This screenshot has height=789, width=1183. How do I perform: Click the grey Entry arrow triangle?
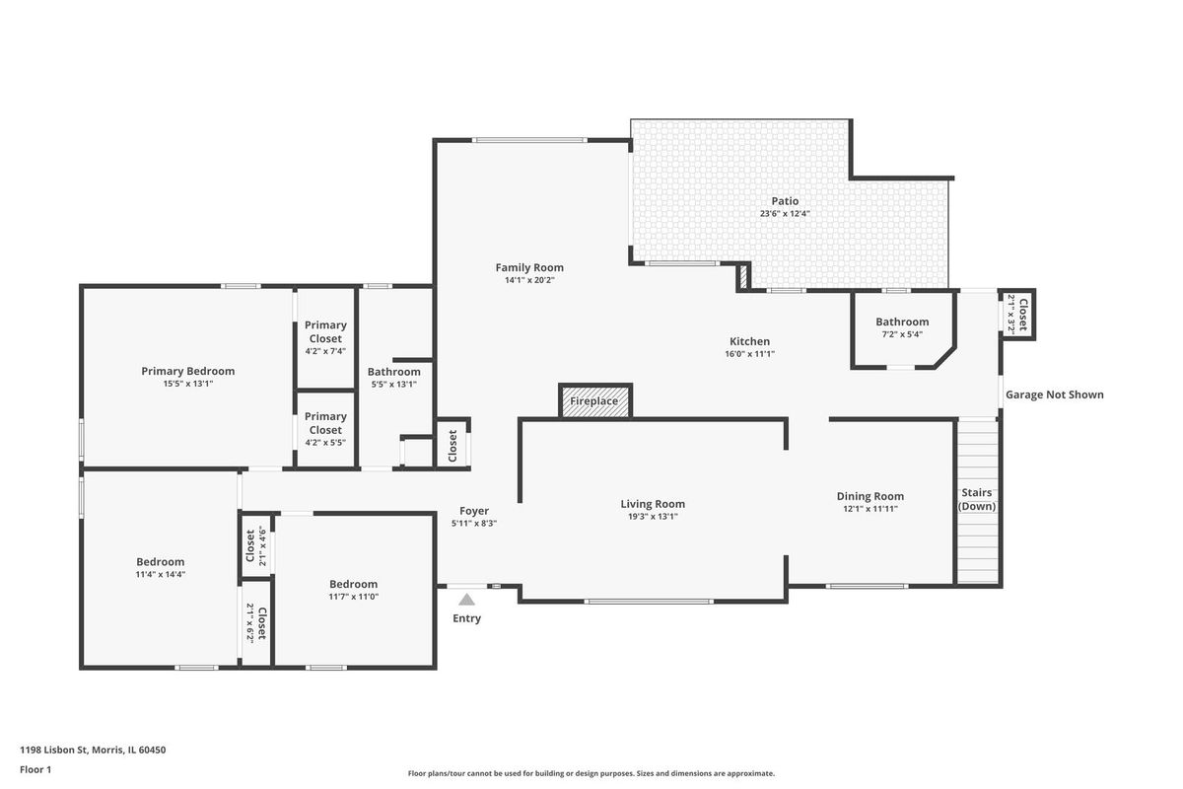coord(466,600)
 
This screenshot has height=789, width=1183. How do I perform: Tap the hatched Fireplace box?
coord(594,401)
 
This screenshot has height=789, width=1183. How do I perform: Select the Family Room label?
coord(529,267)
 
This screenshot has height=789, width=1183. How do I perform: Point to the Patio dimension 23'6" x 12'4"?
coord(785,213)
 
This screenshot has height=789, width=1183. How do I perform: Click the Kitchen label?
coord(749,341)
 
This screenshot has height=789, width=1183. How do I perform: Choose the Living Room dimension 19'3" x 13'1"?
coord(653,517)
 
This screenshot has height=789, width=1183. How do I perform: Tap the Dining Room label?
coord(870,496)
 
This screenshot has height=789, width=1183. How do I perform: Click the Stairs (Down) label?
coord(977,499)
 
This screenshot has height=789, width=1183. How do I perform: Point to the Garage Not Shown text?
coord(1054,394)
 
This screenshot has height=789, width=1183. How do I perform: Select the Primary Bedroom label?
coord(188,371)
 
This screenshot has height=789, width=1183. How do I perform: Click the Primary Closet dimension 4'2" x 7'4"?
coord(325,351)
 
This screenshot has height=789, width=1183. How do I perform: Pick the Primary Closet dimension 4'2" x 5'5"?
coord(325,442)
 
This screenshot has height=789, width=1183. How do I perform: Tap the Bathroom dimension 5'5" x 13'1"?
coord(394,385)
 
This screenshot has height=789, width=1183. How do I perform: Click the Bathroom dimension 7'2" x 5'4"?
coord(902,334)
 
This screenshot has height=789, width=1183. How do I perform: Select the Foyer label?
coord(474,511)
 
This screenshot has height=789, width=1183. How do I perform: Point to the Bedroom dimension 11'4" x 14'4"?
coord(161,574)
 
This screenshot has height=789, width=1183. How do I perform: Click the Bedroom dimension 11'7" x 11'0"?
coord(353,597)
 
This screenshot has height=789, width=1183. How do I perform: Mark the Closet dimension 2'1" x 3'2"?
coord(1011,315)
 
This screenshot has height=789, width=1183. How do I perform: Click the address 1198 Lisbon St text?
coord(53,750)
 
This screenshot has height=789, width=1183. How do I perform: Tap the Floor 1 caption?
coord(35,769)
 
